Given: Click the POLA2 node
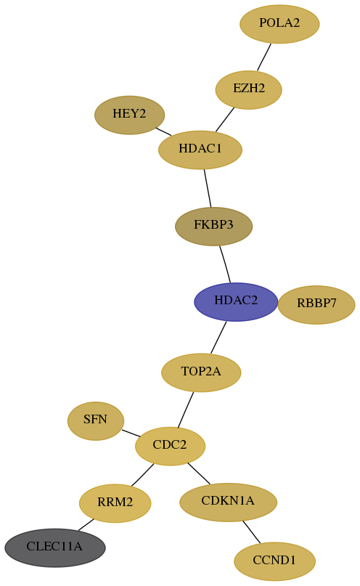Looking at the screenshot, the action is pyautogui.click(x=279, y=24).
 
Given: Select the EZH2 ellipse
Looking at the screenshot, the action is pyautogui.click(x=249, y=90).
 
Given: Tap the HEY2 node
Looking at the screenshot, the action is pyautogui.click(x=130, y=115).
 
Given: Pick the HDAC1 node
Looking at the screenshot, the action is pyautogui.click(x=200, y=150).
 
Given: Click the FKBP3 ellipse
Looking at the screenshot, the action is pyautogui.click(x=213, y=226).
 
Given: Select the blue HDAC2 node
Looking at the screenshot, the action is pyautogui.click(x=236, y=301).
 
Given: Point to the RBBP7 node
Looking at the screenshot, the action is pyautogui.click(x=316, y=304).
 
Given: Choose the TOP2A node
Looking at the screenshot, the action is pyautogui.click(x=201, y=373).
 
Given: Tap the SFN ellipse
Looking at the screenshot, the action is pyautogui.click(x=96, y=421).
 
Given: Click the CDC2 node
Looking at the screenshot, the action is pyautogui.click(x=170, y=446).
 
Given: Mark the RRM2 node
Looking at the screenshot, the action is pyautogui.click(x=115, y=503).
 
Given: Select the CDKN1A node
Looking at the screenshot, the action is pyautogui.click(x=228, y=502).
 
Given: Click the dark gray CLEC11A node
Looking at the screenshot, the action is pyautogui.click(x=55, y=548).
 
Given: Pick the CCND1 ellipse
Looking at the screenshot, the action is pyautogui.click(x=274, y=561).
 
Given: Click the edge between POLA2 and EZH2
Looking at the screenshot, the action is pyautogui.click(x=264, y=57).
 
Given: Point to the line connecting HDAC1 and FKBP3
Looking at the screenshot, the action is pyautogui.click(x=208, y=188).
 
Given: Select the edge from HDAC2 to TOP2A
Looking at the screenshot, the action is pyautogui.click(x=218, y=337).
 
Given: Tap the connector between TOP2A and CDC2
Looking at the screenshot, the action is pyautogui.click(x=186, y=410).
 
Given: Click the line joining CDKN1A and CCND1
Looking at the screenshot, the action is pyautogui.click(x=251, y=532).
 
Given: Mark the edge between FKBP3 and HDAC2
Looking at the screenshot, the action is pyautogui.click(x=225, y=264).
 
